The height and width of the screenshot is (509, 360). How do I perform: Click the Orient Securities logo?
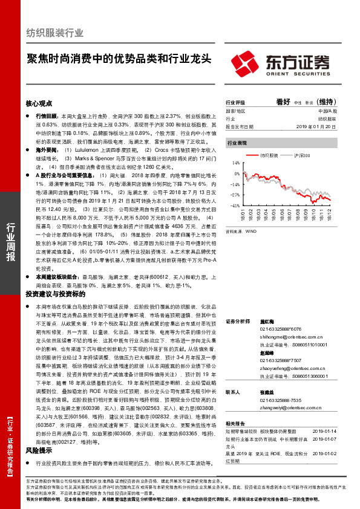tap(280, 62)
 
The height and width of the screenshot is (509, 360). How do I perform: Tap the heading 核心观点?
tap(39, 103)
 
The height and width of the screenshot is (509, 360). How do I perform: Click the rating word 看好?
tap(284, 102)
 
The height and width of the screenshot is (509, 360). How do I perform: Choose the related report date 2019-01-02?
tap(326, 453)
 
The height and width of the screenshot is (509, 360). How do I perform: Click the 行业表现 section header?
tap(237, 144)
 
